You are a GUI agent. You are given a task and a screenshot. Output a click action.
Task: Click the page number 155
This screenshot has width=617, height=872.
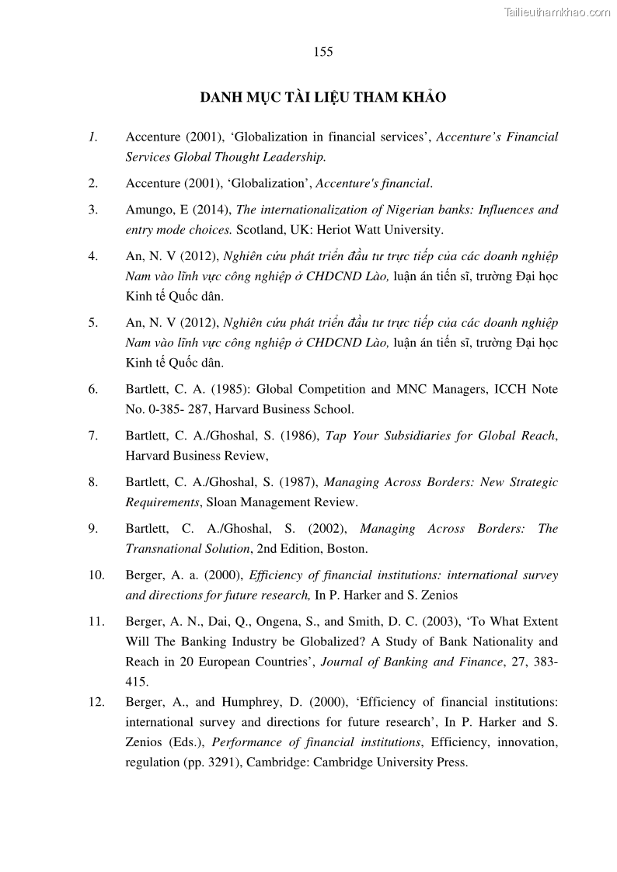pos(323,52)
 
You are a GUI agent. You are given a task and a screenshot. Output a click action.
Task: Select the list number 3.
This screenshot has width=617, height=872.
pos(93,210)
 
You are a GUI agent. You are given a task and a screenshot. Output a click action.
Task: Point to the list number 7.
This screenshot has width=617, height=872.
pos(93,436)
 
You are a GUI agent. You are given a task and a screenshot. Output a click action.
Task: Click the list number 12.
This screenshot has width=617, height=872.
pos(96,702)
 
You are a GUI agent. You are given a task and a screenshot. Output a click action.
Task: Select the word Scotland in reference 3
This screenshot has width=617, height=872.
pos(260,230)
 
